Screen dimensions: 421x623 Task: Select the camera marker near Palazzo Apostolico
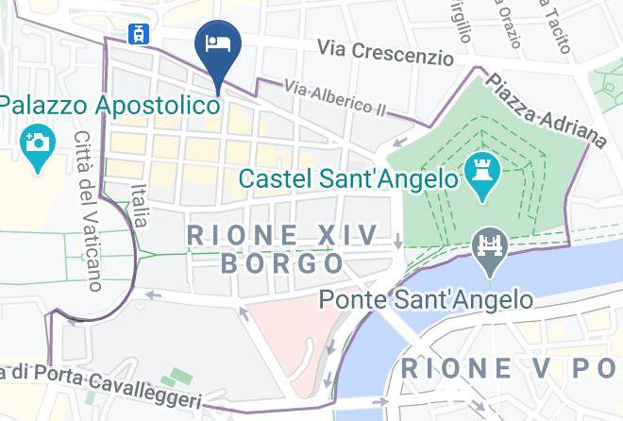pyautogui.click(x=37, y=143)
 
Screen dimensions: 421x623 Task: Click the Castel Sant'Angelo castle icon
pyautogui.click(x=481, y=174)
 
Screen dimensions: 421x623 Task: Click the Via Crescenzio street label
pyautogui.click(x=385, y=52)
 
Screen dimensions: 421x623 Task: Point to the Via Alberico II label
pyautogui.click(x=334, y=98)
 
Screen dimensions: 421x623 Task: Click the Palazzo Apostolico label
pyautogui.click(x=110, y=104)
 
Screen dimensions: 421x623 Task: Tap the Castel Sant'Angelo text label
pyautogui.click(x=347, y=177)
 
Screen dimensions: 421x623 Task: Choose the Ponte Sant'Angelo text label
pyautogui.click(x=426, y=300)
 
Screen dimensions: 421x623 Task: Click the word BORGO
pyautogui.click(x=281, y=262)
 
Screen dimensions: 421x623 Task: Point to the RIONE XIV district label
pyautogui.click(x=282, y=234)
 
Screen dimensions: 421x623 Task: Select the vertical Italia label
pyautogui.click(x=140, y=205)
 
